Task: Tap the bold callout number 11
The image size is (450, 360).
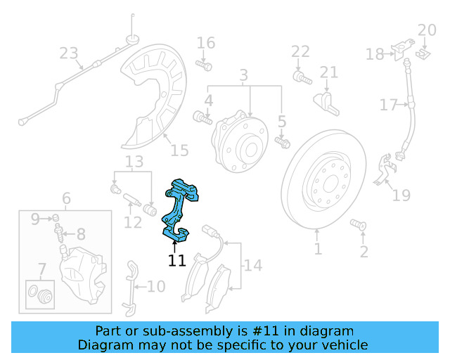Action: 176,261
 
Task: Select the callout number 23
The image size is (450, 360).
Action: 69,53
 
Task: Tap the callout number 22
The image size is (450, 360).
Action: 300,51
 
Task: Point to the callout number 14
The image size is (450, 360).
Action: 252,266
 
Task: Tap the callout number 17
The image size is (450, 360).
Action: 388,105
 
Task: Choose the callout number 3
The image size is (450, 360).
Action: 244,75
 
